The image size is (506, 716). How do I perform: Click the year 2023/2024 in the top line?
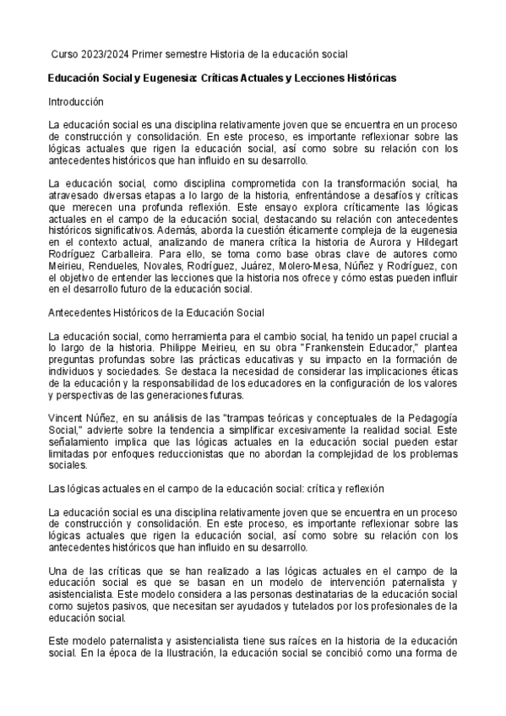click(x=103, y=54)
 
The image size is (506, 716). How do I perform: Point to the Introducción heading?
click(x=75, y=101)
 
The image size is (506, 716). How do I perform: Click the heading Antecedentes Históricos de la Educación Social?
click(x=156, y=312)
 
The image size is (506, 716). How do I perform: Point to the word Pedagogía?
click(x=432, y=418)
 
